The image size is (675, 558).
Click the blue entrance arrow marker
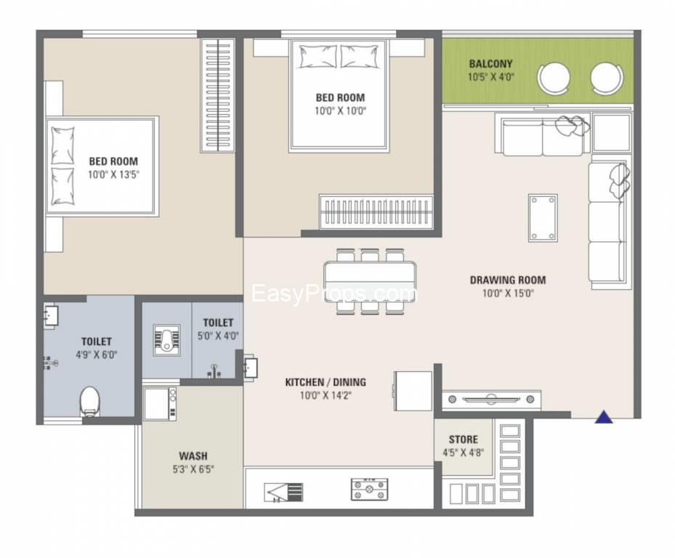coord(604,417)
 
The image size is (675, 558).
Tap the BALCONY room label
coord(490,64)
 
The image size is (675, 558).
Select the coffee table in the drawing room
coord(543,217)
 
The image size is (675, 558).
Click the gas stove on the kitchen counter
coord(369,489)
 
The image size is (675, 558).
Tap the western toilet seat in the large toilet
coord(89,400)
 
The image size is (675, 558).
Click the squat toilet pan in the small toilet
coord(166,339)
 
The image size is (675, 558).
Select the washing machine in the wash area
coord(160,403)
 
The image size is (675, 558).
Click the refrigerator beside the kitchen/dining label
coord(413,390)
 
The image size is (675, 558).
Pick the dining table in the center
coord(370,281)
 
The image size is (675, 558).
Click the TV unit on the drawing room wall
coord(492,400)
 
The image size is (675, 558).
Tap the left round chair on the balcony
coord(554,78)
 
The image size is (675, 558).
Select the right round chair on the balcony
coord(606,78)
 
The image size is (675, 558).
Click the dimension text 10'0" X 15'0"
coord(508,294)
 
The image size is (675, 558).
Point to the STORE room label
coord(463,440)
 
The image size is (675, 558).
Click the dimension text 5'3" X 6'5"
coord(193,469)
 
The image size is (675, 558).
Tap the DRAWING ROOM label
coord(507,280)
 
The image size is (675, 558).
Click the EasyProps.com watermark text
coord(334,294)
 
